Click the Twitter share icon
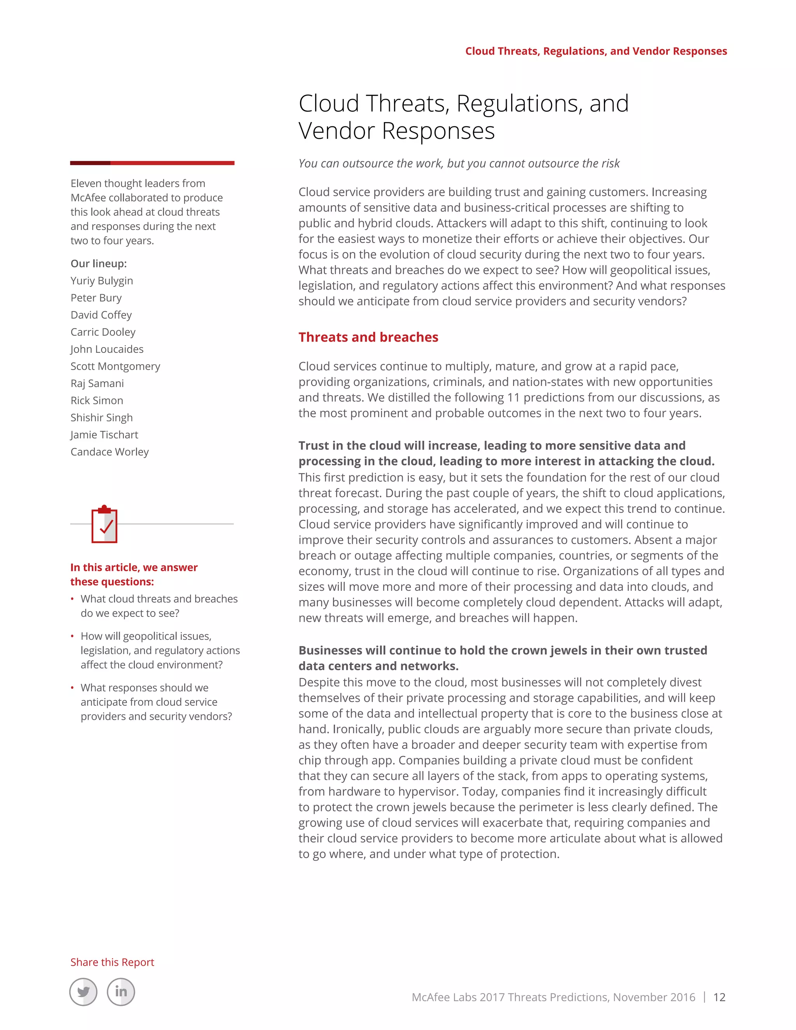84,992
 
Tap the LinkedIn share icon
121,992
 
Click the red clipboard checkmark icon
104,524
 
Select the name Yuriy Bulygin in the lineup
102,281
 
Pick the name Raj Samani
97,383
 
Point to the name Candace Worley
109,452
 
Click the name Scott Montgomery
115,367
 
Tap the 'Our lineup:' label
99,264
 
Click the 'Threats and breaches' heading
368,337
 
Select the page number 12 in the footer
719,997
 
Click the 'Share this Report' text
112,962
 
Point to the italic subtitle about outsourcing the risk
459,164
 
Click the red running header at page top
596,51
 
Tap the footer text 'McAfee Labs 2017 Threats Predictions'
553,997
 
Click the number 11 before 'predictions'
513,398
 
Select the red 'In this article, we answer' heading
134,567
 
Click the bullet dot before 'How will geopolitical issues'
72,636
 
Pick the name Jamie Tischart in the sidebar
104,435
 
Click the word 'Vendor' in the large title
338,131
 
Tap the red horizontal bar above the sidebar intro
152,163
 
